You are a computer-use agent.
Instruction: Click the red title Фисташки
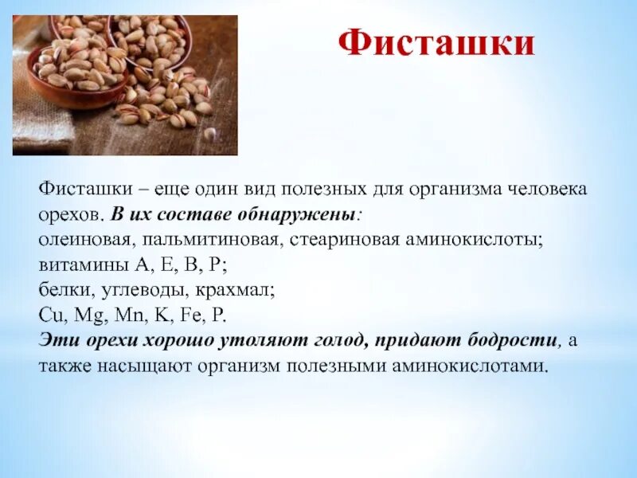tap(436, 44)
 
